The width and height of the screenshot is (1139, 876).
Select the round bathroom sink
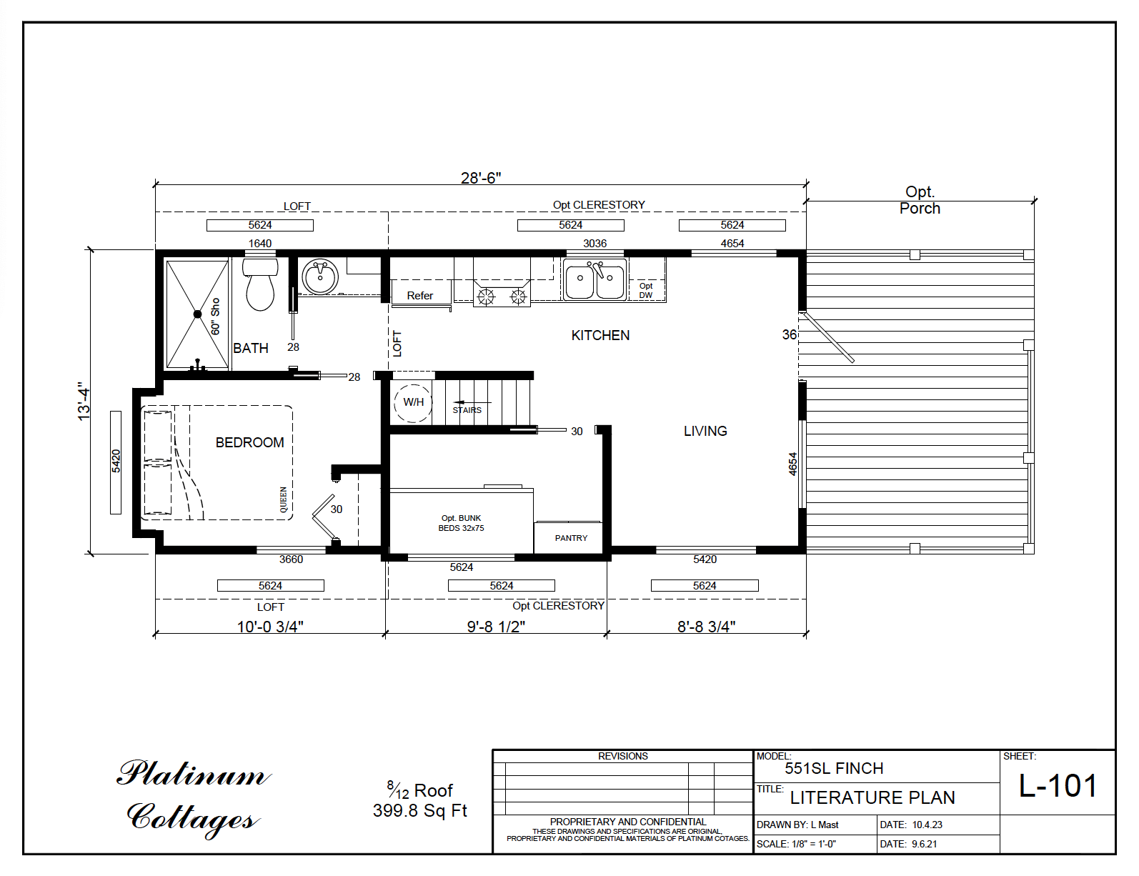(x=320, y=277)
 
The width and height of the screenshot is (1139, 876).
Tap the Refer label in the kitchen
(x=420, y=295)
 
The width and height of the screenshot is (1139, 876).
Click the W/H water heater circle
(x=413, y=402)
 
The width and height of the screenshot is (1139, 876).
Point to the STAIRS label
(x=467, y=410)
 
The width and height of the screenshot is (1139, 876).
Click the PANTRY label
(x=571, y=538)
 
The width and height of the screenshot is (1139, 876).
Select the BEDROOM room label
(x=249, y=442)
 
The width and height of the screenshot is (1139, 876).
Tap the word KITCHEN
(x=600, y=335)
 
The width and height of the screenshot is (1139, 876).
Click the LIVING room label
(x=705, y=431)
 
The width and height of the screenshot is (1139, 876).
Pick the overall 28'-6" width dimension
(x=481, y=178)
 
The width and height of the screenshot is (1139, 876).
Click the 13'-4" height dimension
(x=85, y=401)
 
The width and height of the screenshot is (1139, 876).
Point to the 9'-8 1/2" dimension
(x=496, y=627)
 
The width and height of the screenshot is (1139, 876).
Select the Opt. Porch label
(x=920, y=200)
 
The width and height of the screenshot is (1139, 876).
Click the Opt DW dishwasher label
(x=646, y=290)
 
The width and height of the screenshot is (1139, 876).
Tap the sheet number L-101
(x=1058, y=786)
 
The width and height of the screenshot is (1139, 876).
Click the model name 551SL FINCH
(x=834, y=768)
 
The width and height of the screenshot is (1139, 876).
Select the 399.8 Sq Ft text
(x=419, y=810)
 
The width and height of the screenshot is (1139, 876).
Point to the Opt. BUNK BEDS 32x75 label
(x=461, y=523)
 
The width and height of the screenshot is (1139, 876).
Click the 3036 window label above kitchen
(x=595, y=243)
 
